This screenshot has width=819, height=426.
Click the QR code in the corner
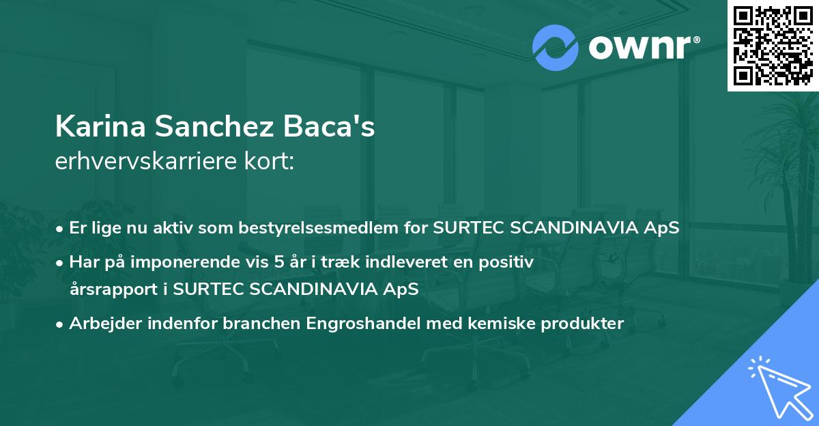coord(773,45)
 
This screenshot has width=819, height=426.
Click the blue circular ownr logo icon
coord(556,48)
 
